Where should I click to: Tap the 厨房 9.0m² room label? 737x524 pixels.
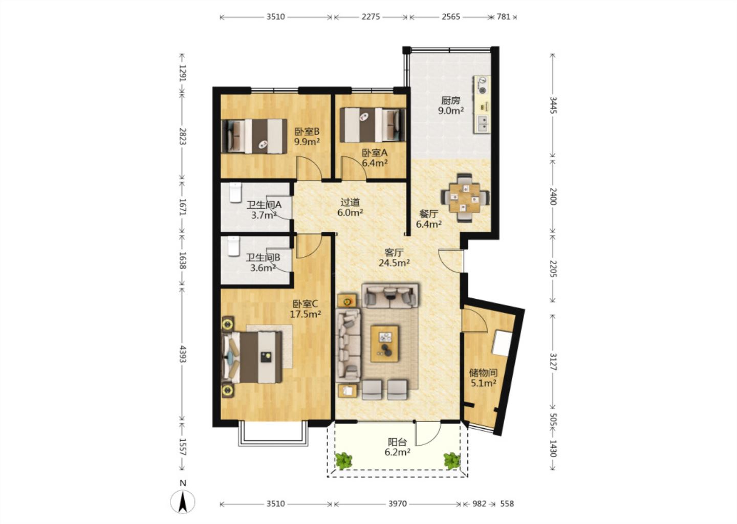451,105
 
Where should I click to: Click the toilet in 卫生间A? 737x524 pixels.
235,192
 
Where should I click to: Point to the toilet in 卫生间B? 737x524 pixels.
234,246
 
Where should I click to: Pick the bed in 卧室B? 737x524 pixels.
254,136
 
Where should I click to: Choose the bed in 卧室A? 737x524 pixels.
373,125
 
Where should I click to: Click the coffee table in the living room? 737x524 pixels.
384,344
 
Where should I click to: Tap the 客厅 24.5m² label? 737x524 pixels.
394,257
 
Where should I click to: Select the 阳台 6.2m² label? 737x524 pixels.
398,447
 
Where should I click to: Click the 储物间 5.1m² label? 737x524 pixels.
483,378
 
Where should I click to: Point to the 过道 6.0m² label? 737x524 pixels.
350,207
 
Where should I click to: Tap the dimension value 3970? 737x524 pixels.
398,504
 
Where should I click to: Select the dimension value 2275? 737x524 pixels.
371,16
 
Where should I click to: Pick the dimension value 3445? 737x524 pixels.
553,105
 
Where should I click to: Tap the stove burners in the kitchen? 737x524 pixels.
482,85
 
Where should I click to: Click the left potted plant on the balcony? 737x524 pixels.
343,461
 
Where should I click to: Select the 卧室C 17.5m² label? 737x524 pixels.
306,309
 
